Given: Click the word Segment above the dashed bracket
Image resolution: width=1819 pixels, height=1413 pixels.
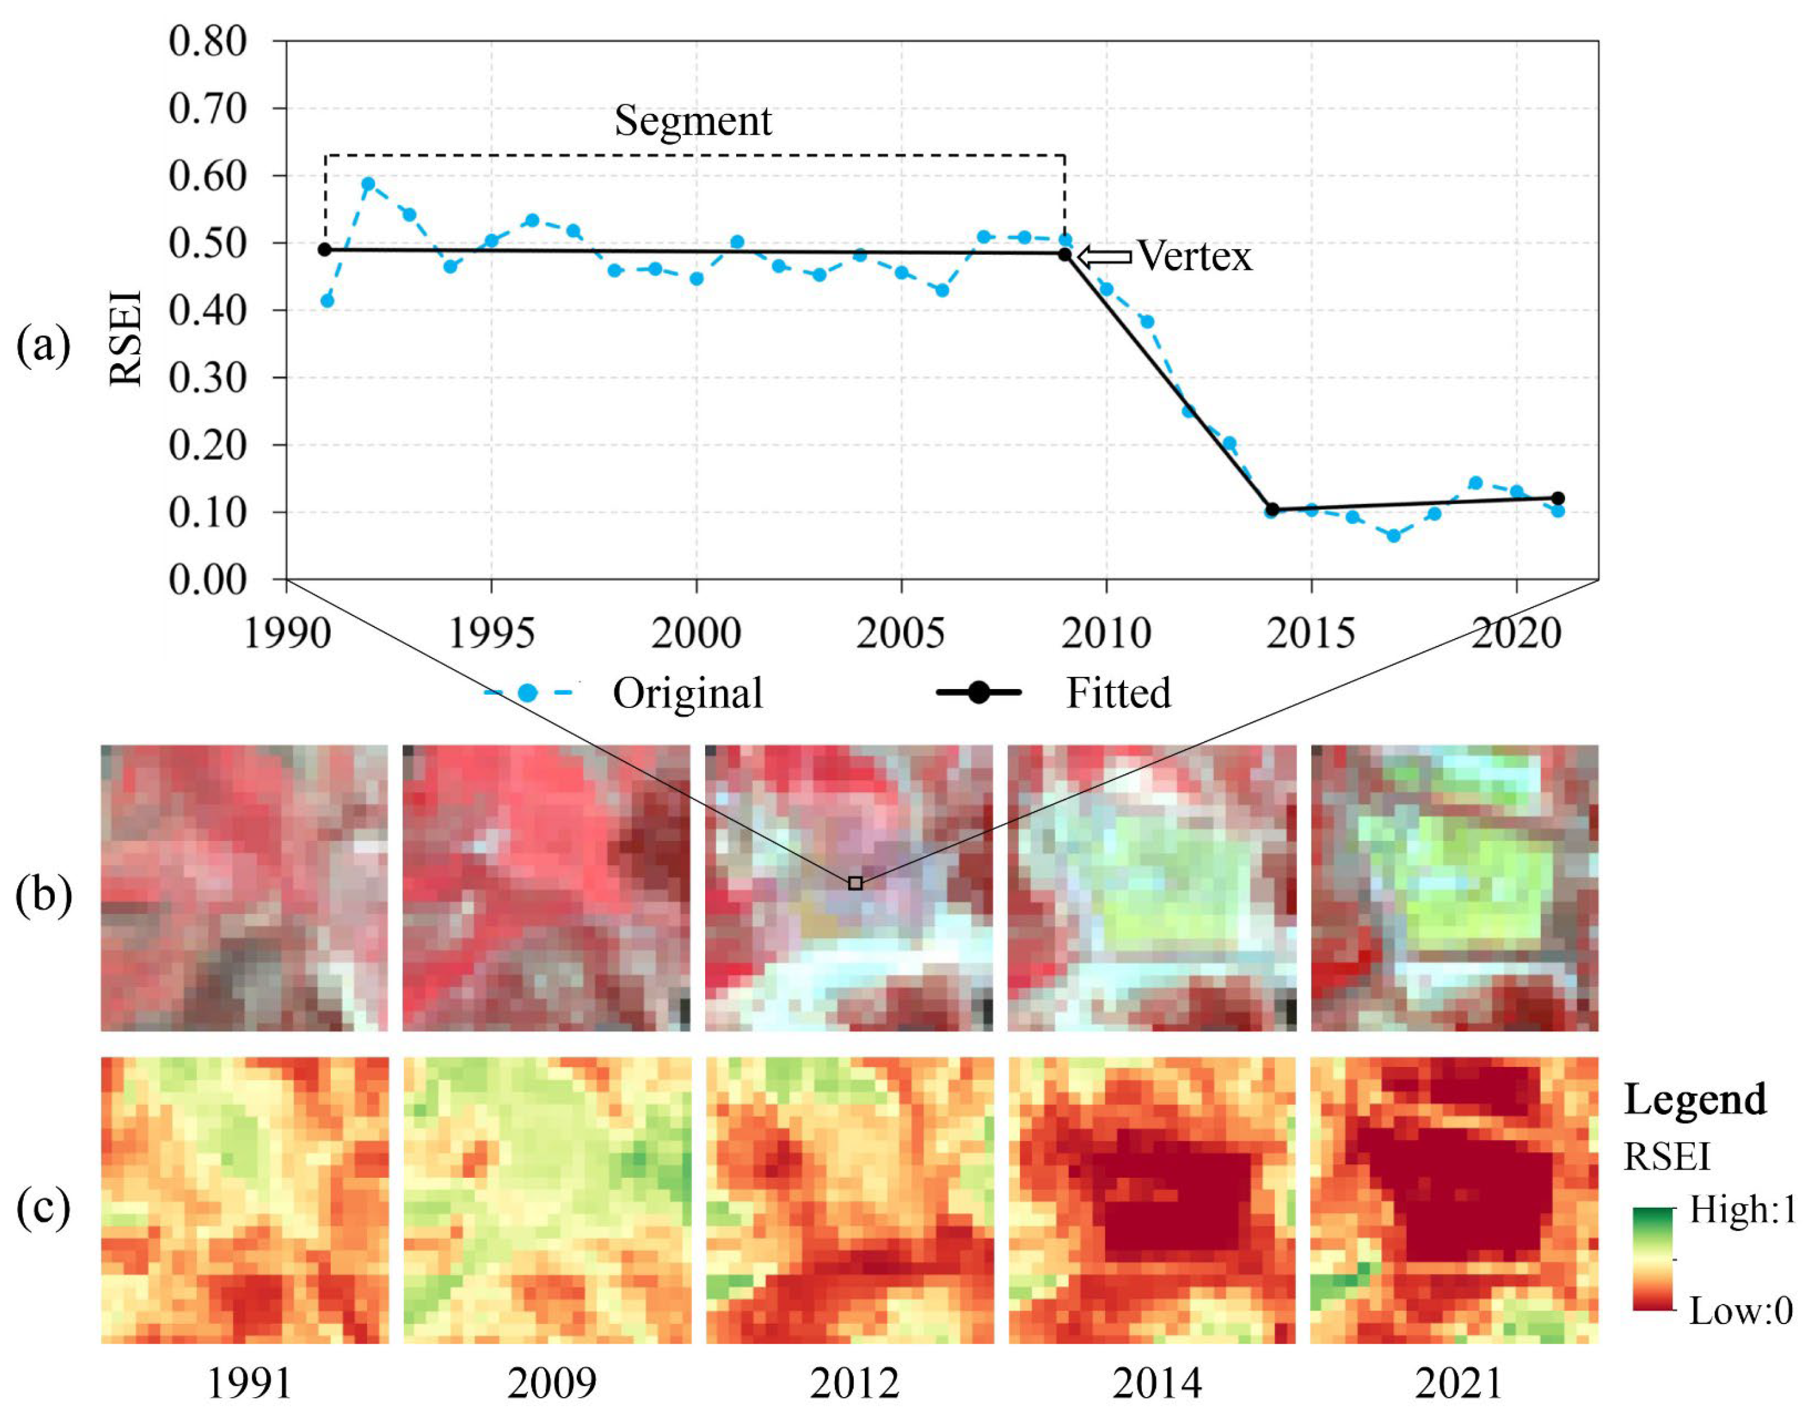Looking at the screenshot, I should point(692,122).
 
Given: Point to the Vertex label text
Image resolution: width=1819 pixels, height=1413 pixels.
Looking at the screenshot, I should point(1194,256).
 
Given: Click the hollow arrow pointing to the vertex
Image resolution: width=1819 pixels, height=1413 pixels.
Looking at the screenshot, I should point(1105,257).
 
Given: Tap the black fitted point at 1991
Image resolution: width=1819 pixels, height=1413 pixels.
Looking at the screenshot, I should point(325,250).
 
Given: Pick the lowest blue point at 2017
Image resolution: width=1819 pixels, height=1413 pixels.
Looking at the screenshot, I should point(1393,536).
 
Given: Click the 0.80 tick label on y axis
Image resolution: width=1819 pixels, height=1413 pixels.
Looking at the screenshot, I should point(208,41).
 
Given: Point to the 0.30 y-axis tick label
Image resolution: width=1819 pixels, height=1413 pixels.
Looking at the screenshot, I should point(208,378).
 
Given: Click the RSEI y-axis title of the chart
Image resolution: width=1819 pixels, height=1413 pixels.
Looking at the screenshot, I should point(127,338).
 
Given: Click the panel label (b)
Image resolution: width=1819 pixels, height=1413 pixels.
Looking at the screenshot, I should point(43,896).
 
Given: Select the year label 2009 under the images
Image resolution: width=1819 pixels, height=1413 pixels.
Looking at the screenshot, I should point(551,1384).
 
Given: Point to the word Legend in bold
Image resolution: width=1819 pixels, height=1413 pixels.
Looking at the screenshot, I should point(1695,1100).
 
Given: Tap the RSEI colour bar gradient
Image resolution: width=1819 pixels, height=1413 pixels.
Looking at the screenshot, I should point(1652,1259).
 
